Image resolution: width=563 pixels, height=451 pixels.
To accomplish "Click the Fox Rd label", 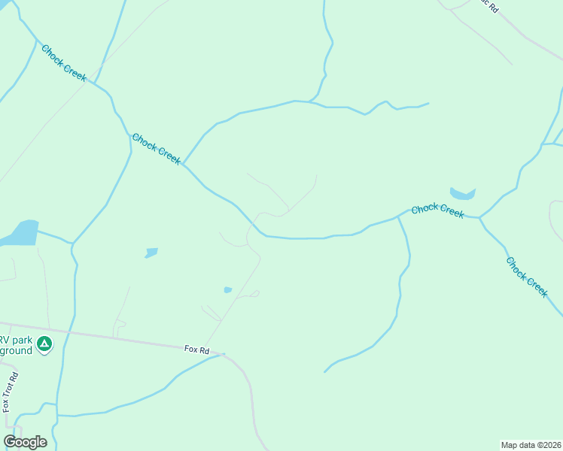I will (195, 350).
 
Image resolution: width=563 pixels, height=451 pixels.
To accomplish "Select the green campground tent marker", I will (45, 344).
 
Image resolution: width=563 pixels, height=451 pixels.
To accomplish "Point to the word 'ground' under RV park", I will (16, 350).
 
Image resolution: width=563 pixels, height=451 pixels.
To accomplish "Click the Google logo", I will (25, 442).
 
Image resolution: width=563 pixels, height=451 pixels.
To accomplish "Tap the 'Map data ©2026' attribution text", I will (531, 445).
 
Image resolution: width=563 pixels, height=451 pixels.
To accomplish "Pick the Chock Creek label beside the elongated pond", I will (437, 210).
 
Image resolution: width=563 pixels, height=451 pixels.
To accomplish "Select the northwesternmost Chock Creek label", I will (64, 64).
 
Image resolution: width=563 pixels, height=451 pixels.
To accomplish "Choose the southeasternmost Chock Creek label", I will (527, 277).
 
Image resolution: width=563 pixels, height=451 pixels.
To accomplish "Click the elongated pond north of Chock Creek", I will (462, 194).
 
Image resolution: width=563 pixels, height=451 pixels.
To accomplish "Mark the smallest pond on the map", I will (227, 289).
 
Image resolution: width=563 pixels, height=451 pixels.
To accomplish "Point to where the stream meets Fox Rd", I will (224, 354).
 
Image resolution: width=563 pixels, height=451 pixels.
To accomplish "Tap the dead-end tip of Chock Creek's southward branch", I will (325, 371).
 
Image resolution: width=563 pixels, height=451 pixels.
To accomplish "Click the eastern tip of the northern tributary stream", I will (428, 104).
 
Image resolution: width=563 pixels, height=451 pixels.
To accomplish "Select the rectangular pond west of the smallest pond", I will (151, 253).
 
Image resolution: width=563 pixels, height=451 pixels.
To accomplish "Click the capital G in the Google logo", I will (10, 442).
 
